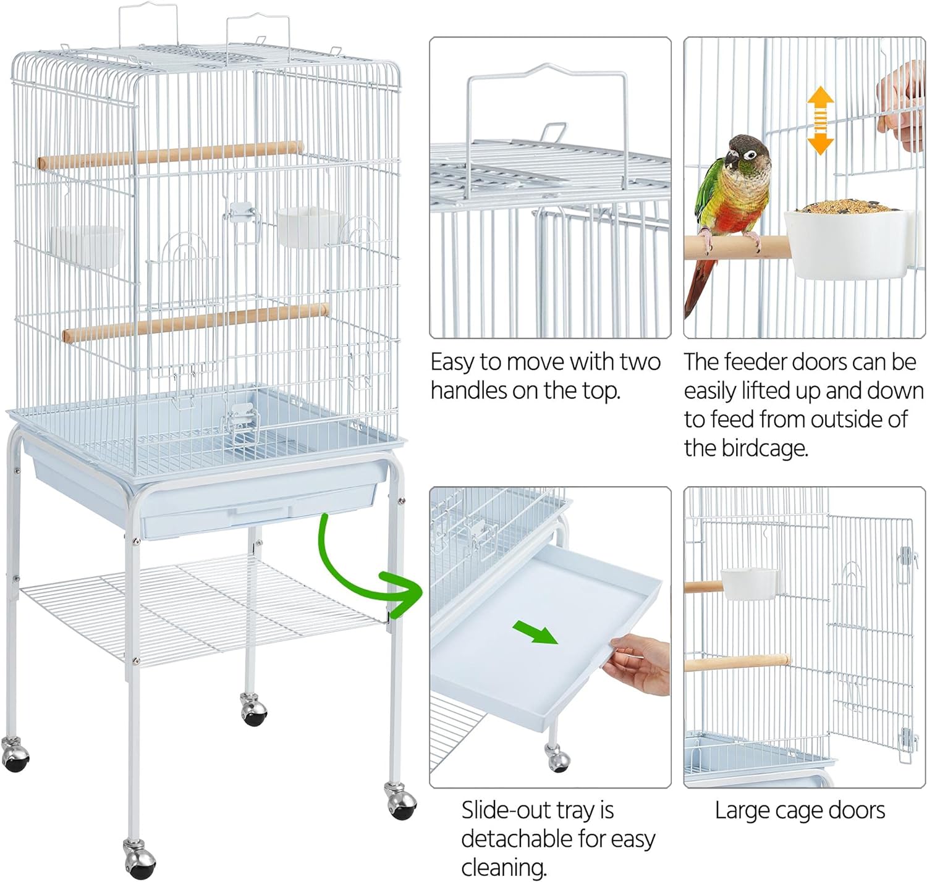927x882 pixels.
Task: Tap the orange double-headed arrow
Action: [x=821, y=120]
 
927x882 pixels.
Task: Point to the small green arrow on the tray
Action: [x=535, y=633]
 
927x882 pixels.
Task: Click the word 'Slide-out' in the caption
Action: [x=506, y=810]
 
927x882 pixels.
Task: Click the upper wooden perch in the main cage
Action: [x=170, y=154]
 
